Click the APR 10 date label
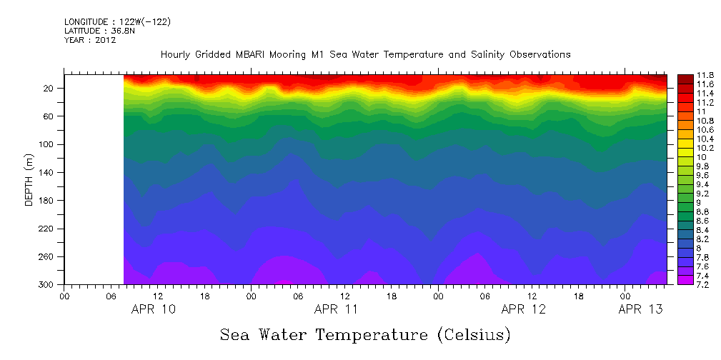[154, 309]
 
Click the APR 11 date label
[337, 309]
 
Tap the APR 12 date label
[524, 309]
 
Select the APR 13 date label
[640, 309]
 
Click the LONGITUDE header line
[117, 22]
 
